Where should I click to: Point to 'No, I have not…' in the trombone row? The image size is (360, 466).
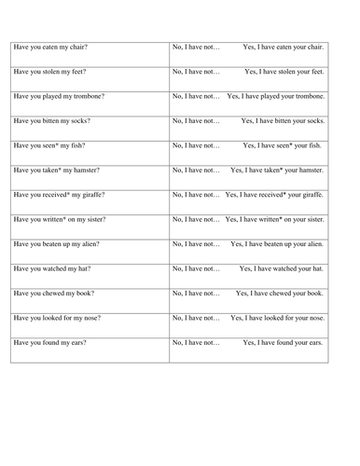coord(197,96)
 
